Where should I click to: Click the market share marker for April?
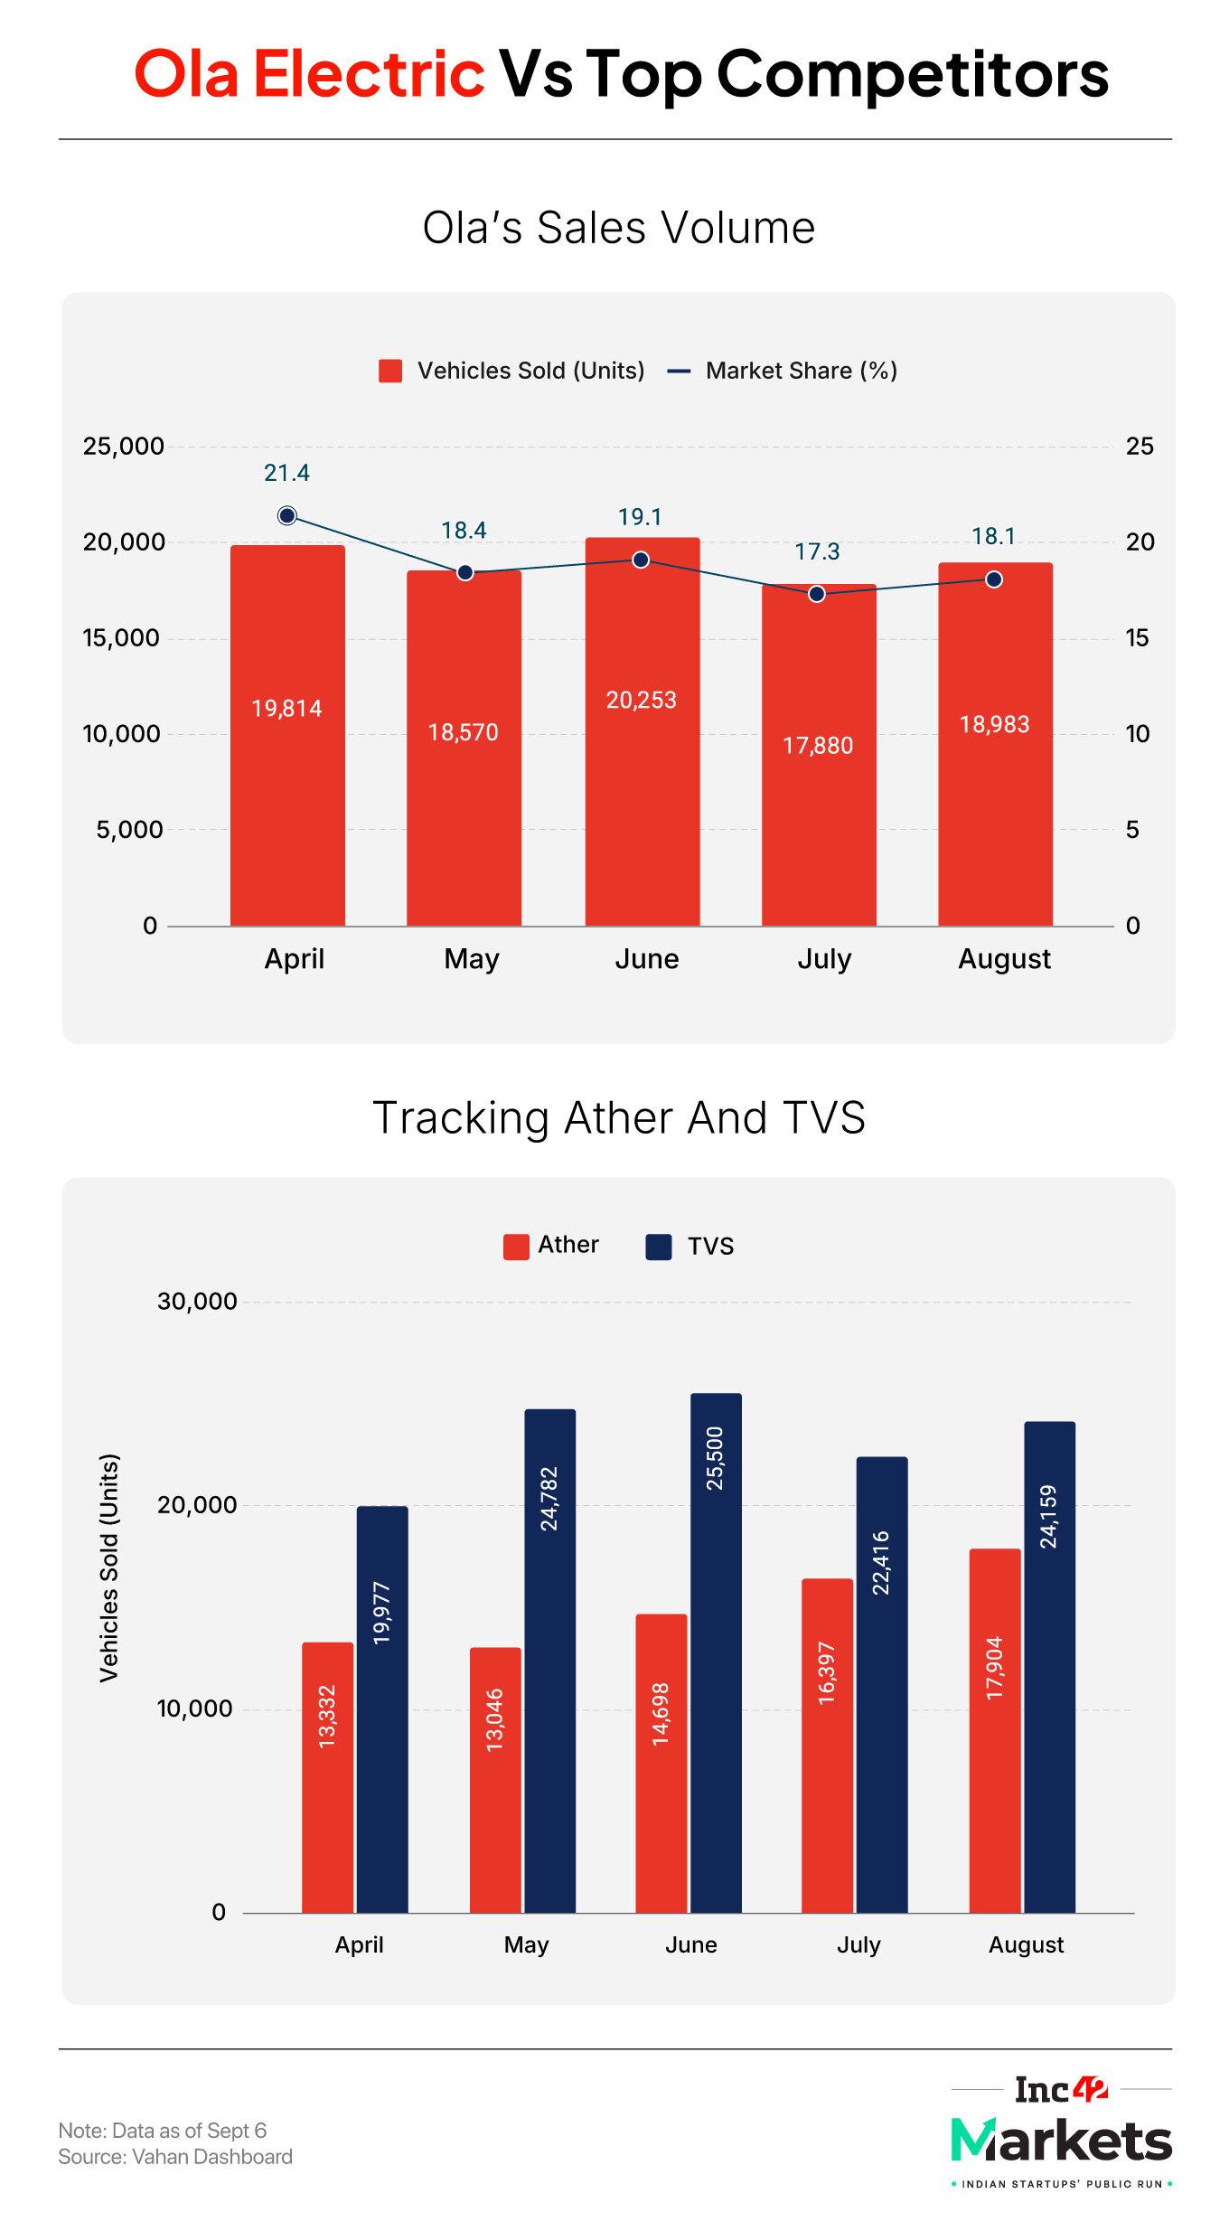pos(287,516)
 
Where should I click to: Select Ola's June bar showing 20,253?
pos(642,732)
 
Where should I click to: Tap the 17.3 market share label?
pos(817,551)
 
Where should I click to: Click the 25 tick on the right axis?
pos(1139,446)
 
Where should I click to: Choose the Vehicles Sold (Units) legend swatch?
pos(390,372)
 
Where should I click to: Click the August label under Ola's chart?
pos(1004,959)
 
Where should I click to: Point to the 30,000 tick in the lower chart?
pos(197,1302)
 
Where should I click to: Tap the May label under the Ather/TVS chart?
pos(526,1944)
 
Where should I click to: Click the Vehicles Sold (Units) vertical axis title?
pos(109,1568)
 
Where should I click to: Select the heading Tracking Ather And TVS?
pos(618,1117)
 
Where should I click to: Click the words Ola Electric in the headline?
pos(309,74)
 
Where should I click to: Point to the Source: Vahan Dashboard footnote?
pos(175,2157)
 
